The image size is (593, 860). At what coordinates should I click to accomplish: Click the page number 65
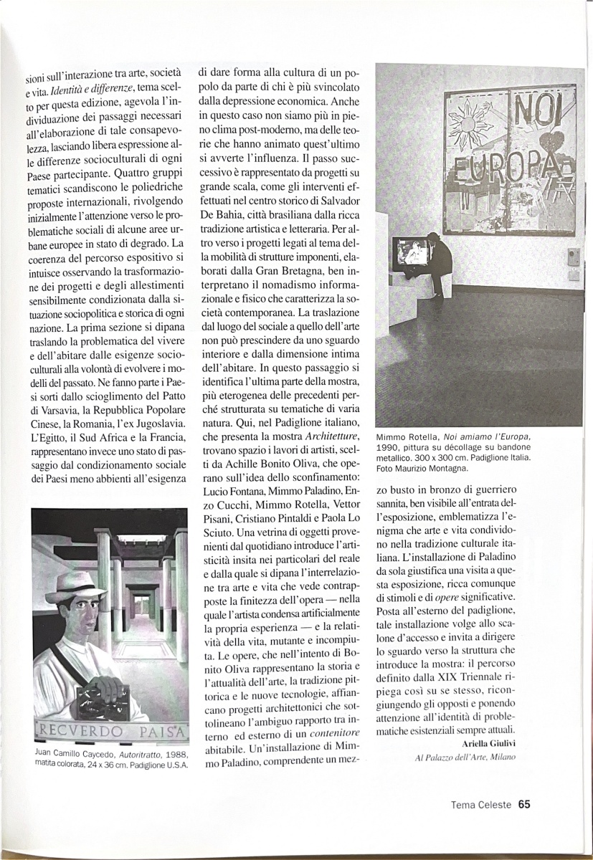(523, 803)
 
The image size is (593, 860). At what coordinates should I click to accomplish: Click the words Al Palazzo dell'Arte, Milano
(465, 758)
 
